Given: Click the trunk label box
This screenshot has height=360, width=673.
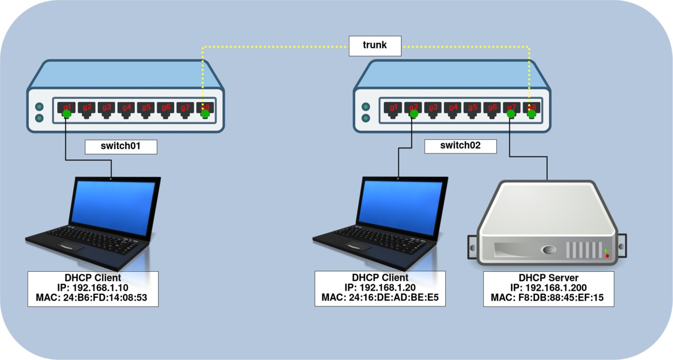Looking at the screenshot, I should (375, 46).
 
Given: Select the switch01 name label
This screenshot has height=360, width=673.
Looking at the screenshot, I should (121, 146).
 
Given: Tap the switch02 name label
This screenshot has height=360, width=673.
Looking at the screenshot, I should (460, 146).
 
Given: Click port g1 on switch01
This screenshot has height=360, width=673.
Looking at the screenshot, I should (67, 108).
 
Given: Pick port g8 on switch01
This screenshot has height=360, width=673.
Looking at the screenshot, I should (206, 108).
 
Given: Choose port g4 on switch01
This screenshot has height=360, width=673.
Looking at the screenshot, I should (126, 108).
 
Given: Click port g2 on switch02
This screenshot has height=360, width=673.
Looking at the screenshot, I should (413, 108).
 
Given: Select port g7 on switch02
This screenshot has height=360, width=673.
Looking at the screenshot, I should (512, 108).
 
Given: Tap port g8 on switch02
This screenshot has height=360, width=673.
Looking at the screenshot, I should (532, 108).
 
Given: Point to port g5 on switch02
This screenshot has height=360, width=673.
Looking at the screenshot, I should (472, 108).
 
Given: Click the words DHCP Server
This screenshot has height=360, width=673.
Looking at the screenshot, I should (548, 277).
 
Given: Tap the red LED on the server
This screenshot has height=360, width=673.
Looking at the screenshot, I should (607, 256).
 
